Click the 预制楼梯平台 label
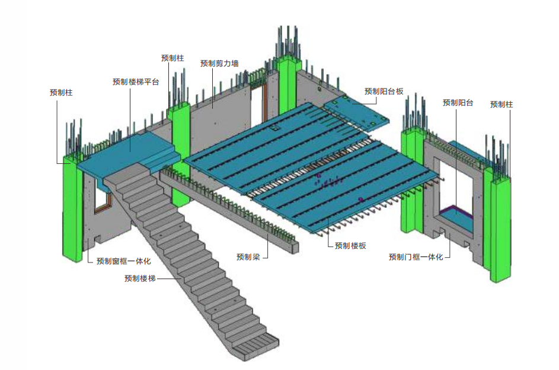[x=136, y=82]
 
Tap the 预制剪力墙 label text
[x=219, y=63]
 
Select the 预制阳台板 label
[x=384, y=91]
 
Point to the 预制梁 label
[x=248, y=257]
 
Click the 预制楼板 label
[x=350, y=245]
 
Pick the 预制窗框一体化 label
[x=123, y=260]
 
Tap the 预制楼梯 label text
[x=140, y=277]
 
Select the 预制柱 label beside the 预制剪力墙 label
[x=173, y=58]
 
